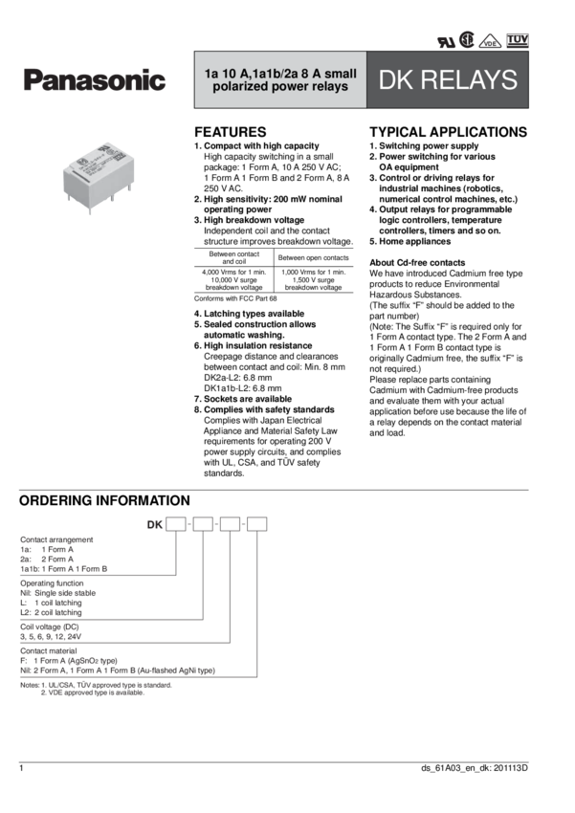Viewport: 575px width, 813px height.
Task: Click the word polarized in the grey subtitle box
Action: point(240,88)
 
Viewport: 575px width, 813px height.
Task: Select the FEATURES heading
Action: point(230,131)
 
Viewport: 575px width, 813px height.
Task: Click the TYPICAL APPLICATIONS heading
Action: point(447,131)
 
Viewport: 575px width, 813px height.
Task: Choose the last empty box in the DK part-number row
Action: point(255,523)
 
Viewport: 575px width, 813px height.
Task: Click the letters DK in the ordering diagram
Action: point(154,524)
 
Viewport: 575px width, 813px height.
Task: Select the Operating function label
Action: point(51,581)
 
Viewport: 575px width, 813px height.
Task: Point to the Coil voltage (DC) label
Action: point(47,622)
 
